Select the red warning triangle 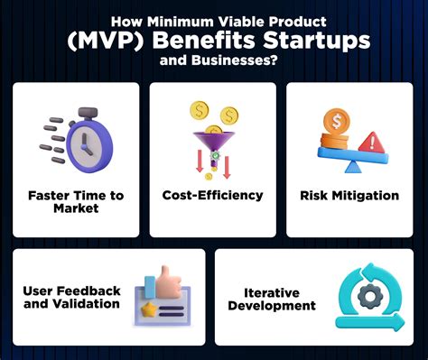pyautogui.click(x=372, y=143)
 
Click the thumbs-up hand pyautogui.click(x=167, y=282)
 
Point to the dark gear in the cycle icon pyautogui.click(x=370, y=297)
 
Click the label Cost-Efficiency pyautogui.click(x=212, y=195)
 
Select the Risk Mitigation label pyautogui.click(x=349, y=196)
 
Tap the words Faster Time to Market pyautogui.click(x=76, y=202)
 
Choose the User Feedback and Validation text pyautogui.click(x=71, y=297)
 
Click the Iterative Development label pyautogui.click(x=272, y=299)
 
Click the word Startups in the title pyautogui.click(x=317, y=41)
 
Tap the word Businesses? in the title pyautogui.click(x=234, y=60)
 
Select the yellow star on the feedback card pyautogui.click(x=148, y=309)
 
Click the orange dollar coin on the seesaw pyautogui.click(x=337, y=122)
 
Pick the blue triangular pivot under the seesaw pyautogui.click(x=354, y=166)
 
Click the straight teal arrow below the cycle pyautogui.click(x=370, y=322)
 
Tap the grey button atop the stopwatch pyautogui.click(x=88, y=113)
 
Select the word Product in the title pyautogui.click(x=297, y=22)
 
